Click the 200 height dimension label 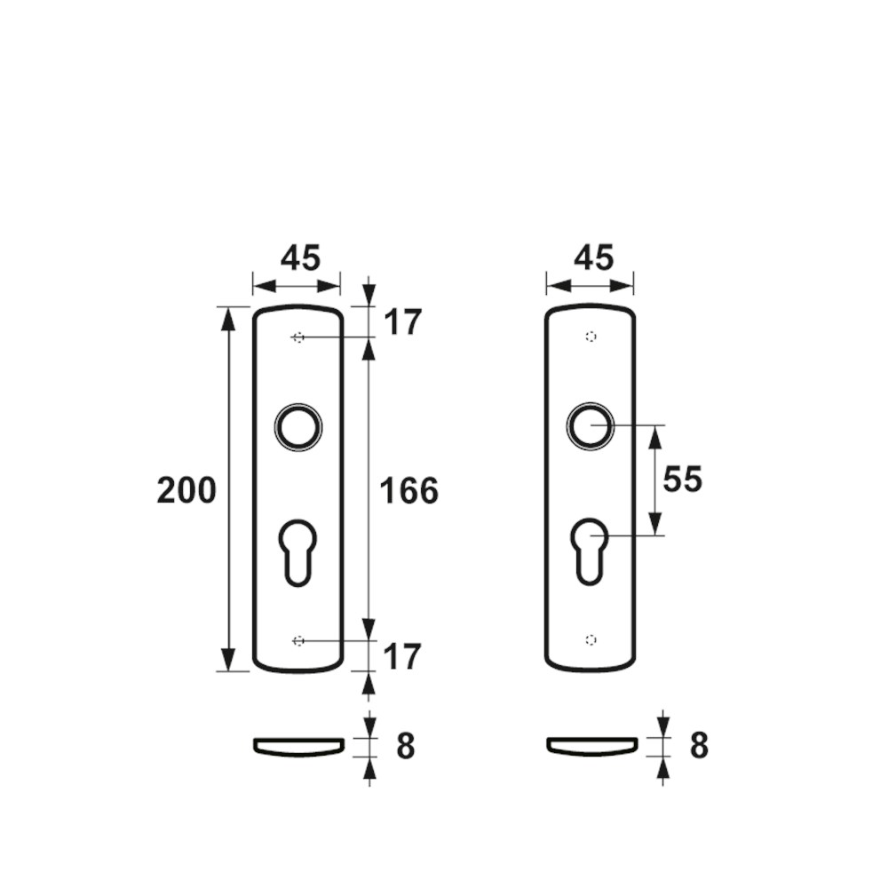click(x=186, y=490)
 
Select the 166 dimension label click(x=408, y=490)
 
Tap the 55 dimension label click(x=682, y=480)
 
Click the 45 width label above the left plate click(x=300, y=258)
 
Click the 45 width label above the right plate click(x=593, y=258)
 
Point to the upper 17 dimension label click(x=402, y=323)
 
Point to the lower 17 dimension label click(x=402, y=657)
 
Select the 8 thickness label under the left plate click(x=406, y=747)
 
